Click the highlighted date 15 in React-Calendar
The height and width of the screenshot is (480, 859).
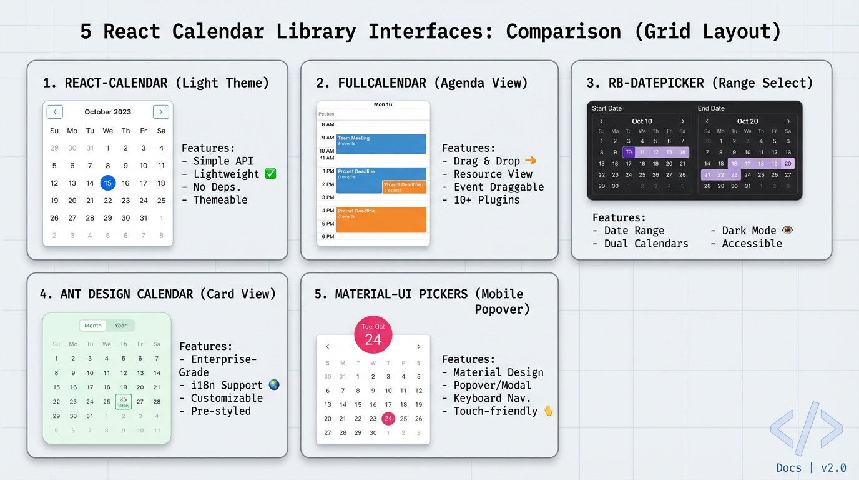click(108, 183)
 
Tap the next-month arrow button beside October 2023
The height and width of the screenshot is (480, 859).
click(161, 112)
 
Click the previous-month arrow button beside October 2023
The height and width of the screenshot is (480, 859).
click(55, 112)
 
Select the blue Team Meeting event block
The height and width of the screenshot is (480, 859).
click(381, 144)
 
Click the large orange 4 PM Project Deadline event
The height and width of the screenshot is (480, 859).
click(381, 220)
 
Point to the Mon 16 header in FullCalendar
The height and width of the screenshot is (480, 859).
click(383, 104)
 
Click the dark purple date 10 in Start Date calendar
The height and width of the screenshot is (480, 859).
click(629, 152)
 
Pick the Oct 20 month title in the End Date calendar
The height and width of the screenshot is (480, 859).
click(747, 121)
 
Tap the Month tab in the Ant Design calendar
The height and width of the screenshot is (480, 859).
click(93, 326)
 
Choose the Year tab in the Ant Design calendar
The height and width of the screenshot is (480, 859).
click(120, 326)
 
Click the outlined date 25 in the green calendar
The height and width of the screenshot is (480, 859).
click(123, 401)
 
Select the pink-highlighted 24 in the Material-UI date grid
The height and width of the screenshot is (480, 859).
click(388, 419)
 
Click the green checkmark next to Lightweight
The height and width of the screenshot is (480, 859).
click(270, 174)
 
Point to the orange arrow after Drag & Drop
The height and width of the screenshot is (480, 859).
click(531, 161)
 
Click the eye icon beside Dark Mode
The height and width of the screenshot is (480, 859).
click(787, 230)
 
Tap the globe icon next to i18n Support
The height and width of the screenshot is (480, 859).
click(273, 385)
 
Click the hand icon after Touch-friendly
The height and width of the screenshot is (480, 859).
click(549, 411)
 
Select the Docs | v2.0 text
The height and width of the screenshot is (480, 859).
click(811, 467)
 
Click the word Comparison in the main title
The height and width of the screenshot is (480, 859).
click(563, 31)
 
